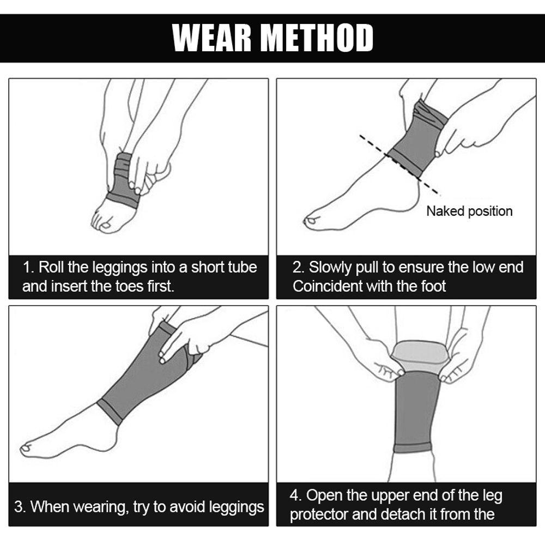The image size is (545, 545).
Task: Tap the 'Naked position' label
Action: (469, 211)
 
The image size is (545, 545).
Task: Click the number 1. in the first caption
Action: (29, 268)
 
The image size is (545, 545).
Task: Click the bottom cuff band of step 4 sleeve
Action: (412, 448)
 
